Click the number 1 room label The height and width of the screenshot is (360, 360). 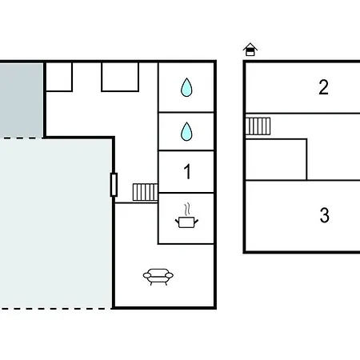coord(187,172)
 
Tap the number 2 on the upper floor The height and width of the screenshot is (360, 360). coord(323,87)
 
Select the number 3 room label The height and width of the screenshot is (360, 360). coord(324,215)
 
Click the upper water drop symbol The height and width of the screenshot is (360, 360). coord(186,87)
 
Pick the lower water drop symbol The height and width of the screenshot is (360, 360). coord(186,131)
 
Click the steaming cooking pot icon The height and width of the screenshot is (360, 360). coord(186,216)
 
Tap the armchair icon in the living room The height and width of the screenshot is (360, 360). coord(158,277)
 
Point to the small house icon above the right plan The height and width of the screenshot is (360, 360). coord(250,50)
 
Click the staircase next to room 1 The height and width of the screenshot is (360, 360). coord(145,192)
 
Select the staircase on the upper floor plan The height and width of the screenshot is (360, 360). coord(258,126)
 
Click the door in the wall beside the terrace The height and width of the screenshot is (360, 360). coord(114,185)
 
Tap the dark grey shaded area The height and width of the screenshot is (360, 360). coord(22,100)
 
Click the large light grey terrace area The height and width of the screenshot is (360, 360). coord(55,223)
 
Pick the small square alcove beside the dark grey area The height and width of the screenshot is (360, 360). coord(59,77)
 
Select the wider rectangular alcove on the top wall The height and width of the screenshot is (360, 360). coord(120,77)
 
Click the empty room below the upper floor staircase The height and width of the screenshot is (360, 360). coord(276,159)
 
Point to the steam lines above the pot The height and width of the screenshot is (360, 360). coord(187,210)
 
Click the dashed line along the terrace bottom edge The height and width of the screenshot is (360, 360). coord(55,309)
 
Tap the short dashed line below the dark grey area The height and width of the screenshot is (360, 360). coord(22,138)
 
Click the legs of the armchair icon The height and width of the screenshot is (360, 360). coord(158,283)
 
